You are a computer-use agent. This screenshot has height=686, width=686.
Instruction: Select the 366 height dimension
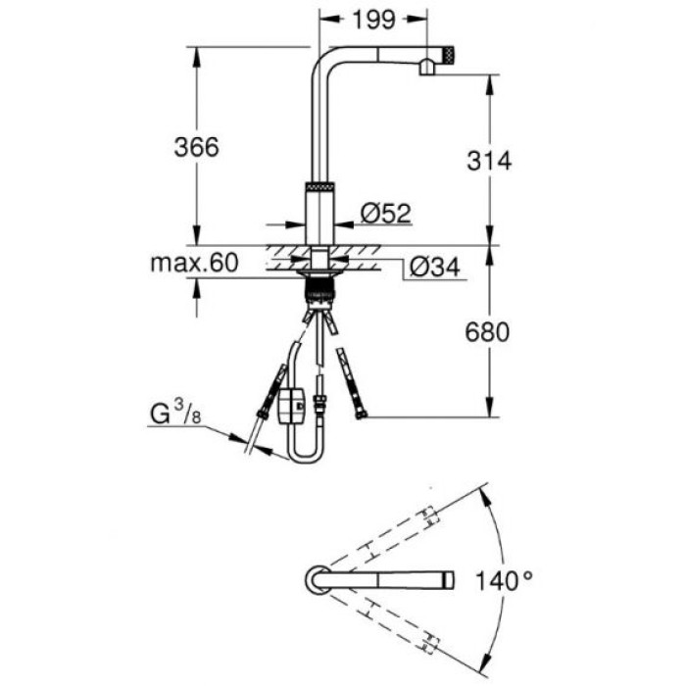[197, 146]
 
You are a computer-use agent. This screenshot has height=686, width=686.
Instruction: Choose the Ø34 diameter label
[429, 265]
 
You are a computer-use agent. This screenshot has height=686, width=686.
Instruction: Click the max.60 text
[195, 263]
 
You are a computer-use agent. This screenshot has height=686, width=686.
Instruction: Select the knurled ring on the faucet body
[320, 186]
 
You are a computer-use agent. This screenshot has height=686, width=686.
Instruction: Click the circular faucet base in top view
[318, 579]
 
